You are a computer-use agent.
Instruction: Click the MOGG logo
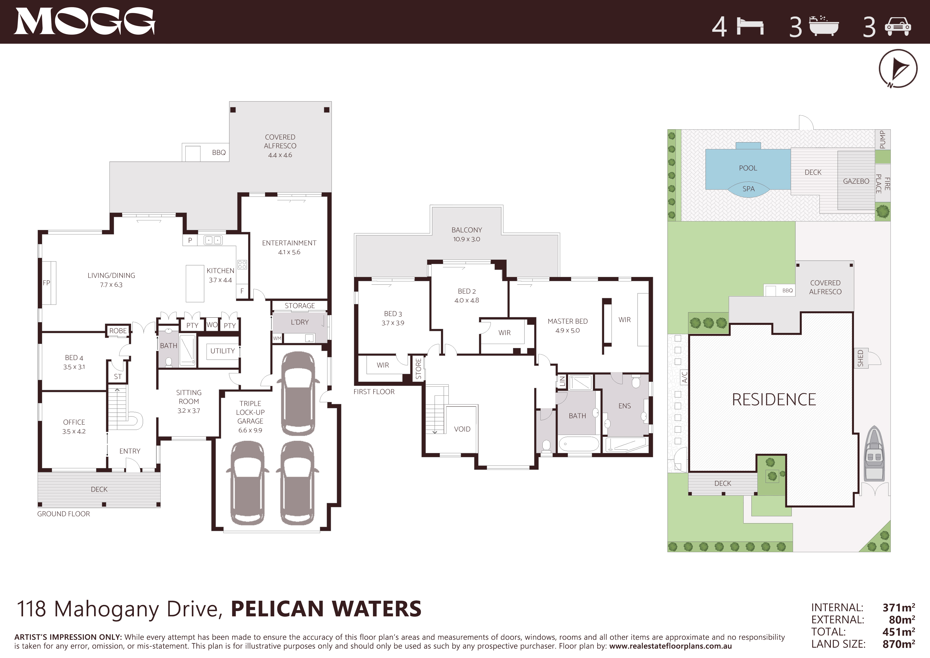[x=84, y=21]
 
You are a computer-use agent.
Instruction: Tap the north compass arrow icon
[x=898, y=68]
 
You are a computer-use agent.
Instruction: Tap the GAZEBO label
[x=856, y=181]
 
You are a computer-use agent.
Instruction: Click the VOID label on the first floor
[x=462, y=429]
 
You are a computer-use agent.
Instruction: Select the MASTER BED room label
[x=568, y=321]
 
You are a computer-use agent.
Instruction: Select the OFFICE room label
[x=74, y=422]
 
